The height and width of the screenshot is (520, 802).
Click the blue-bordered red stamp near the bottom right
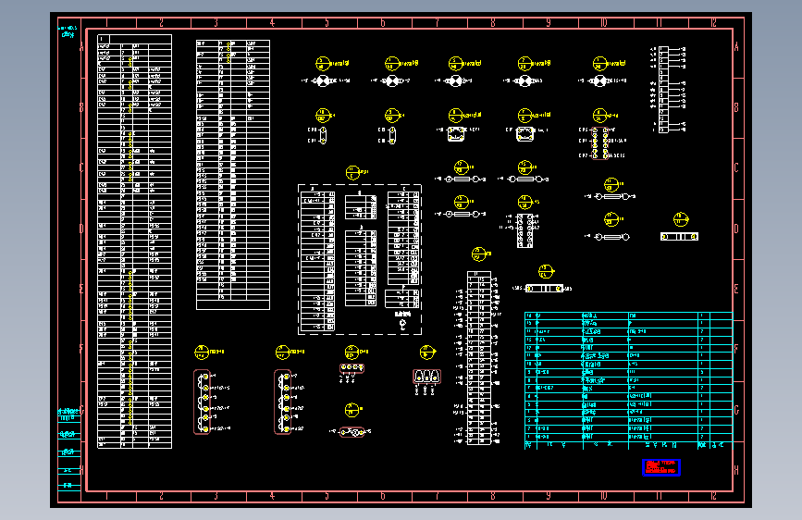pos(660,467)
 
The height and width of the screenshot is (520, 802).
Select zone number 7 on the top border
pos(438,22)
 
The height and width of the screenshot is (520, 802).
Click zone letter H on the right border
pos(735,470)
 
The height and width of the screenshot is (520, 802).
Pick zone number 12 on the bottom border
pos(713,496)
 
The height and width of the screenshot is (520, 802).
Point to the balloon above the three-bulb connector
pos(426,352)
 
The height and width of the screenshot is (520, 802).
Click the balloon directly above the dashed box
pos(352,172)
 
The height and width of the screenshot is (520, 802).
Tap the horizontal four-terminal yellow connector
pos(352,367)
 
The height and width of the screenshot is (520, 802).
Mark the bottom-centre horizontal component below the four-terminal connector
pos(352,432)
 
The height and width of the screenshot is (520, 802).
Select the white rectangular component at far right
pos(679,237)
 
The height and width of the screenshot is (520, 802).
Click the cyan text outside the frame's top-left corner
pos(68,33)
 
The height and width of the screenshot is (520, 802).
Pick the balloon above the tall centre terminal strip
pos(477,253)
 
